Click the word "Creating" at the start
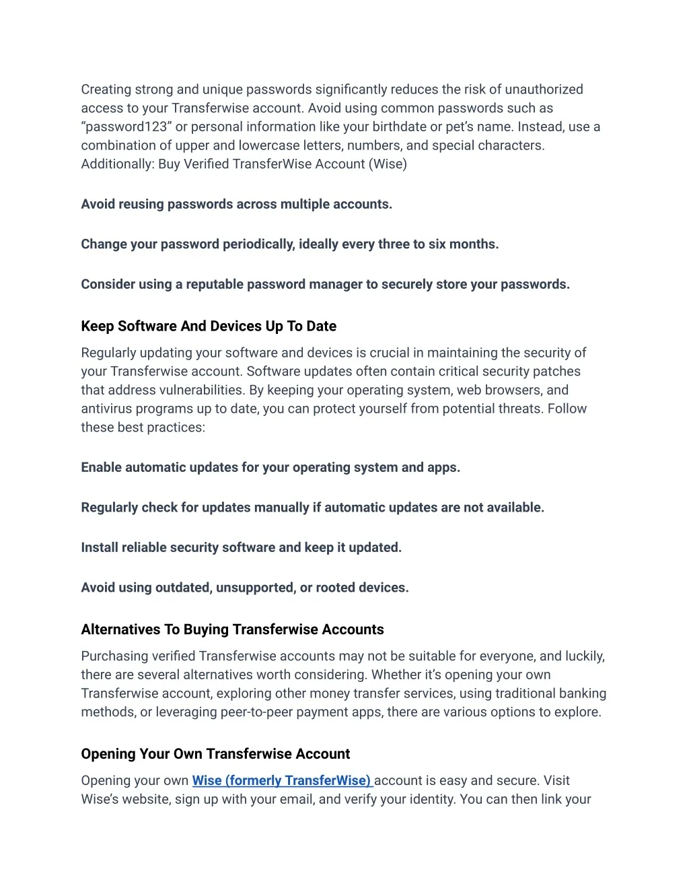coord(106,90)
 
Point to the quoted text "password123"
coord(126,127)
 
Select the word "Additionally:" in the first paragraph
coord(118,164)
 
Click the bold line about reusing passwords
coord(236,204)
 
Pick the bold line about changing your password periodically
coord(289,244)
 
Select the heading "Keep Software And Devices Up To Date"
coord(209,327)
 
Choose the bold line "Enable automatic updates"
coord(270,467)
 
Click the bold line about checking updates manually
coord(312,508)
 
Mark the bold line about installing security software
coord(241,547)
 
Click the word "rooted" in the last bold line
coord(336,588)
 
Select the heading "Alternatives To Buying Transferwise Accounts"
coord(232,629)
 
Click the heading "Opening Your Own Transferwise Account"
coord(215,754)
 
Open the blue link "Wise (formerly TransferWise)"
coord(281,781)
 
